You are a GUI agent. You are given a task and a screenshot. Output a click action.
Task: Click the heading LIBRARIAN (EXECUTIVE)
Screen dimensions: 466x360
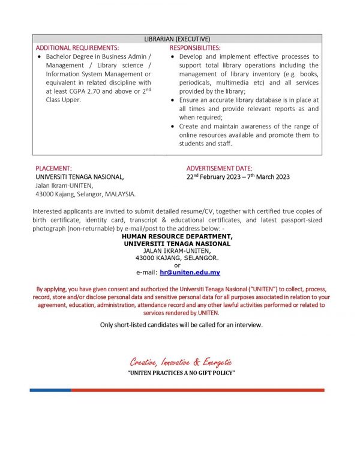[x=177, y=39]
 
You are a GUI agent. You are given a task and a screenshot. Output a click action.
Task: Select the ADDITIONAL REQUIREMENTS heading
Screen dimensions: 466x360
[x=77, y=47]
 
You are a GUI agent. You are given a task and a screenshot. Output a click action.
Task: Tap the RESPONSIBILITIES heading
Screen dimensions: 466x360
[x=195, y=47]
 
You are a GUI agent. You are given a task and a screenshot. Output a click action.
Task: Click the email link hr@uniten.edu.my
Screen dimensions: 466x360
[x=190, y=273]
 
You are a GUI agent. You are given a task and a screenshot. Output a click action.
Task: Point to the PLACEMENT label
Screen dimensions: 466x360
[x=53, y=169]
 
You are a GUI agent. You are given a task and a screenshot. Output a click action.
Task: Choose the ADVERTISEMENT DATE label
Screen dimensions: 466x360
[x=219, y=169]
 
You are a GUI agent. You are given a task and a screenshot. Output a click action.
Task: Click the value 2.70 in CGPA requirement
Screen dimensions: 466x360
[x=98, y=91]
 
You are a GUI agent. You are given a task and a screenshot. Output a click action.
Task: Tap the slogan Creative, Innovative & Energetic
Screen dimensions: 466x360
[x=181, y=362]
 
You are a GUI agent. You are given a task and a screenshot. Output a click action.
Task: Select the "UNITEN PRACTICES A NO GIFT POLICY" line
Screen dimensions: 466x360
[x=181, y=374]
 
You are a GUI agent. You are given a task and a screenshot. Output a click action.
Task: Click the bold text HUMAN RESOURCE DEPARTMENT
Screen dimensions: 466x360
[x=177, y=237]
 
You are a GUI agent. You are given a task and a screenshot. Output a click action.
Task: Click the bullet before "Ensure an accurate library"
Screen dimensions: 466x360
[x=173, y=100]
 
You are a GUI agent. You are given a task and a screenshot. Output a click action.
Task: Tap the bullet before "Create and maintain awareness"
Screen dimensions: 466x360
[x=173, y=127]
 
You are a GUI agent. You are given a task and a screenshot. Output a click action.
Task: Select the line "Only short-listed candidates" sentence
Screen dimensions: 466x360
[x=181, y=325]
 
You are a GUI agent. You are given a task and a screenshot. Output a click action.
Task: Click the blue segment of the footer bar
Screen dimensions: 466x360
[x=50, y=390]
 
